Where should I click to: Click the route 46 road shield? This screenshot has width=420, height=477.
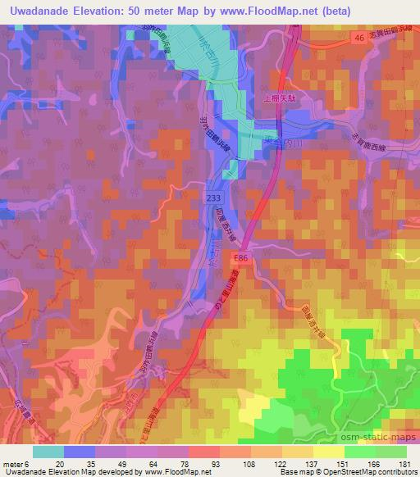[359, 38]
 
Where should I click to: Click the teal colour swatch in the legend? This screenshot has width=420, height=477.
[48, 451]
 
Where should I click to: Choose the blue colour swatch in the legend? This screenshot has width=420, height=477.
[77, 451]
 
